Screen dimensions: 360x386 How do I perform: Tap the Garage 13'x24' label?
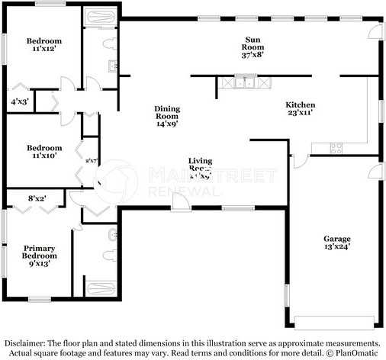[336, 243]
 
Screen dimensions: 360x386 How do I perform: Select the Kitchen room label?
[301, 108]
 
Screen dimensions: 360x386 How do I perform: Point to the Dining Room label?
[166, 115]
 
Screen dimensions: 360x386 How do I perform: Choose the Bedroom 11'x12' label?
[43, 45]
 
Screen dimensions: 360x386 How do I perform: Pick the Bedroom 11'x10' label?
[43, 152]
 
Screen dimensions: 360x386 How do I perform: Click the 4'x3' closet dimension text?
[20, 100]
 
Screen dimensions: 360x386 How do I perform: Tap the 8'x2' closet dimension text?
[37, 199]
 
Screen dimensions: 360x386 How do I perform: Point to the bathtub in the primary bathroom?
[101, 288]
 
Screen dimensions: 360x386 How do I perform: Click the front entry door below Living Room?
[179, 202]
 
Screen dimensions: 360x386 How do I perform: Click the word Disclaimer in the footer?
[27, 344]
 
